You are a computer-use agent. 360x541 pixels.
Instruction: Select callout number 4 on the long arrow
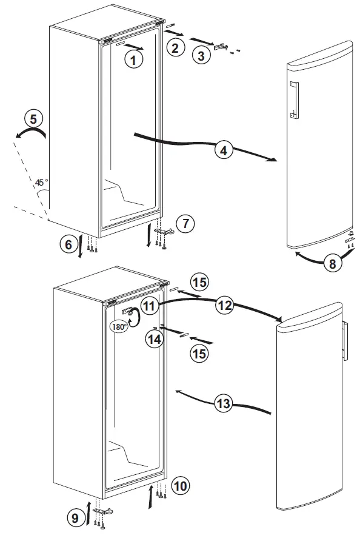(x=225, y=150)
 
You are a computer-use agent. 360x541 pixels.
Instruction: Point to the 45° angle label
(x=41, y=183)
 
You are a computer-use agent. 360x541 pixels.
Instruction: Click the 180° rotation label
(x=119, y=326)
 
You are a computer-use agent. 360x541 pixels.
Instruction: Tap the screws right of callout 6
(x=91, y=244)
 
